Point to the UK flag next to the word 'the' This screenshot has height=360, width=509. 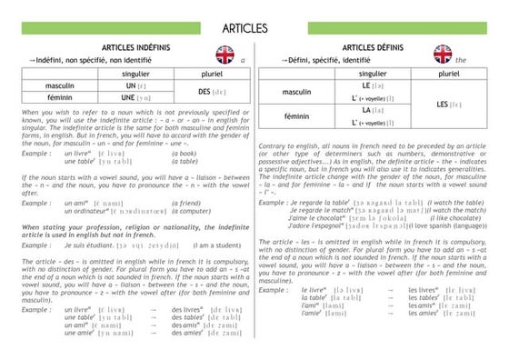pos(443,54)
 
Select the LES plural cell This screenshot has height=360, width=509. pos(447,105)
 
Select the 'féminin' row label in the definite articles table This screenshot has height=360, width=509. pos(297,116)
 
